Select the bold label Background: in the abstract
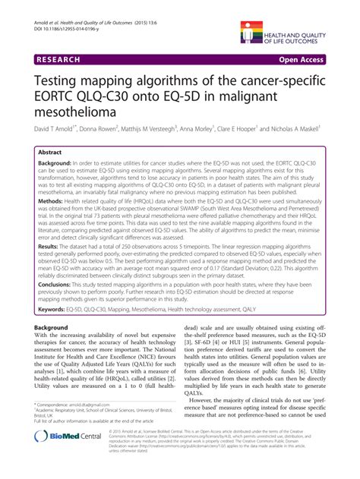(52, 164)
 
